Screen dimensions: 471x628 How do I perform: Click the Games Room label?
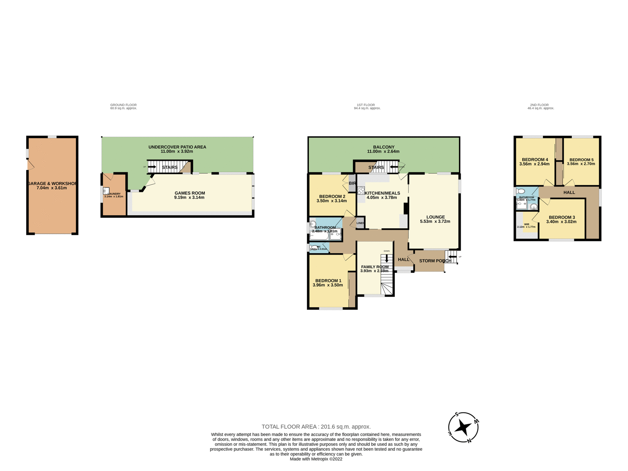[x=190, y=193]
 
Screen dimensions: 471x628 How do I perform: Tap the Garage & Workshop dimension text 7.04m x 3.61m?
[x=52, y=188]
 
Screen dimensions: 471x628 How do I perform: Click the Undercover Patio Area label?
[x=177, y=147]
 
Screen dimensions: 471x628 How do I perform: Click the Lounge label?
[x=435, y=217]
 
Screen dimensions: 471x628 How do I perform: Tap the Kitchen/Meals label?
[x=382, y=193]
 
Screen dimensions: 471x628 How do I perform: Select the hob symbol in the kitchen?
[x=361, y=190]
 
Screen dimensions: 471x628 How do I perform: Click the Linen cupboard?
[x=360, y=223]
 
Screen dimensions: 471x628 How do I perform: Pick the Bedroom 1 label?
[x=328, y=281]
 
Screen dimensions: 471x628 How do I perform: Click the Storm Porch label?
[x=435, y=261]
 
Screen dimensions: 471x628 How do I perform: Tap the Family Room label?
[x=375, y=267]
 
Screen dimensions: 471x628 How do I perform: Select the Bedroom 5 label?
[x=581, y=160]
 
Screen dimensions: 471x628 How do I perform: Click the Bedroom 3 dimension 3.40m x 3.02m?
[x=561, y=222]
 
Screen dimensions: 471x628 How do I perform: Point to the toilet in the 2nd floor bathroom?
[x=521, y=191]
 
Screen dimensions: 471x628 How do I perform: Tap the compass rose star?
[x=463, y=427]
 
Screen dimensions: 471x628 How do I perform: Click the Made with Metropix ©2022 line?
[x=316, y=459]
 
